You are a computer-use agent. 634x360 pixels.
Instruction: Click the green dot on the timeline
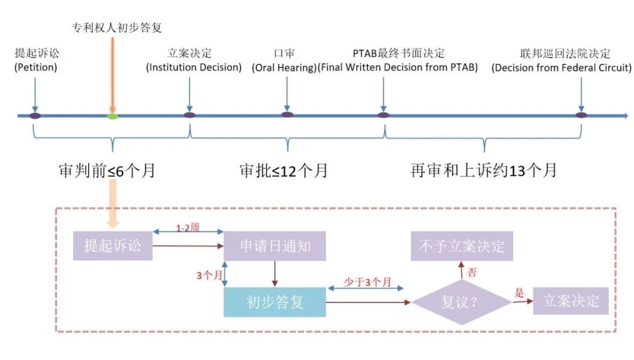(112, 116)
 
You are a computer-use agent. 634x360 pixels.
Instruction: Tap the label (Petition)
(36, 67)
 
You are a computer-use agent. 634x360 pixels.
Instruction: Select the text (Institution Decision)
(194, 67)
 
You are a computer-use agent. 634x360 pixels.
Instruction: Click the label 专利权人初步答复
(117, 28)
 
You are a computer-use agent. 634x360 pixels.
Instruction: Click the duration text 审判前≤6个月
(107, 170)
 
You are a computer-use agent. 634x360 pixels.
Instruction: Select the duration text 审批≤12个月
(284, 170)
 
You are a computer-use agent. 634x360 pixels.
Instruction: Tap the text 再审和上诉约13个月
(483, 170)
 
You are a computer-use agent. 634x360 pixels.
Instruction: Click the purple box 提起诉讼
(113, 245)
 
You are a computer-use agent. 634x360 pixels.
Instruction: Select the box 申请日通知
(275, 246)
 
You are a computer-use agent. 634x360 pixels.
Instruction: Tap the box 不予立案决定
(461, 245)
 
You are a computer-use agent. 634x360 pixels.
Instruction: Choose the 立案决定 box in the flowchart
(571, 302)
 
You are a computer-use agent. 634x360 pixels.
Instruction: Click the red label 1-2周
(188, 226)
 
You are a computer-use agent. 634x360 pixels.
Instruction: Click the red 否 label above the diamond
(471, 272)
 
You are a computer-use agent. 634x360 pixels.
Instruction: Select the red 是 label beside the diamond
(518, 294)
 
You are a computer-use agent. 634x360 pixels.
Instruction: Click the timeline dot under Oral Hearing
(286, 115)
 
